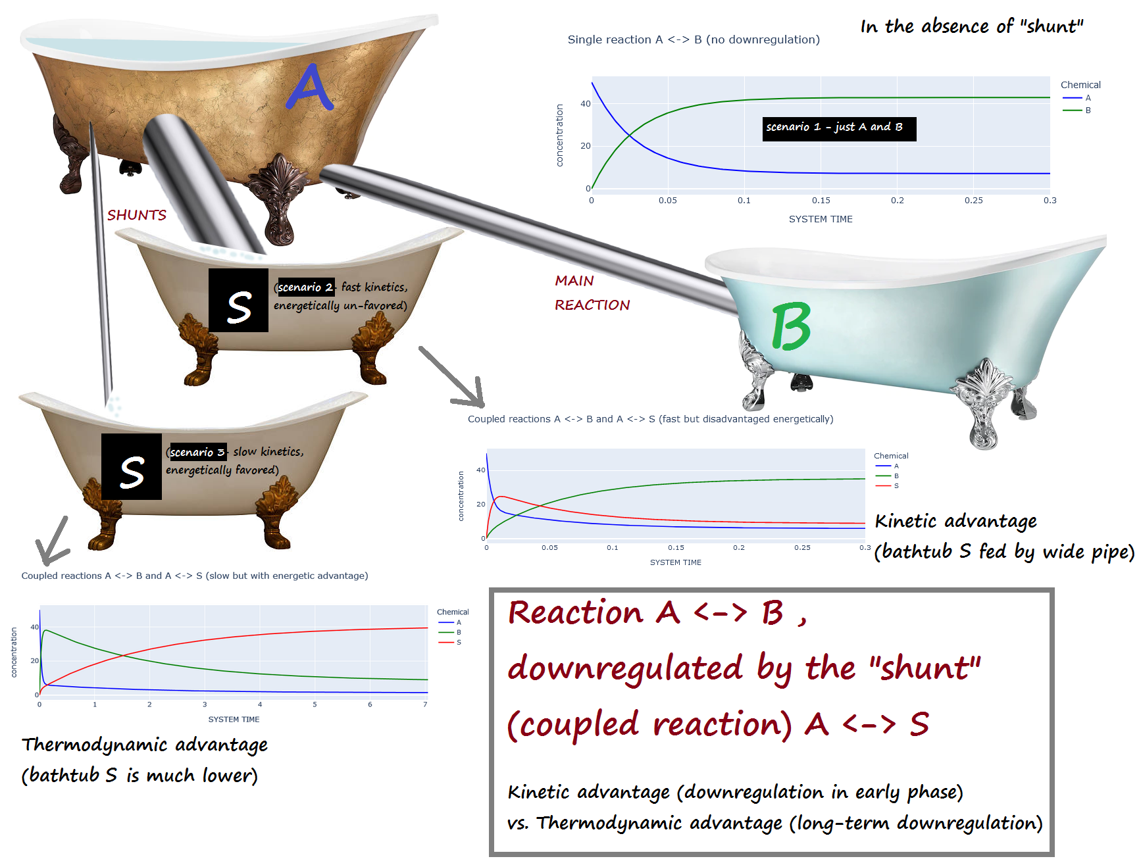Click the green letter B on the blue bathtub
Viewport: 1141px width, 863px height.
click(791, 326)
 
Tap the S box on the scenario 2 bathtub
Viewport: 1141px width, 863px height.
click(238, 301)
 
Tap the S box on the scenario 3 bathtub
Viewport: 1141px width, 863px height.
click(132, 466)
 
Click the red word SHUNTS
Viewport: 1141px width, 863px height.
click(137, 215)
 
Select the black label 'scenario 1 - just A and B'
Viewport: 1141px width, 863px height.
click(839, 128)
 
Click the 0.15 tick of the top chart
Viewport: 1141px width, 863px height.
click(821, 201)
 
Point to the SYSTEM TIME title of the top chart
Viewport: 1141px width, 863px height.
click(821, 219)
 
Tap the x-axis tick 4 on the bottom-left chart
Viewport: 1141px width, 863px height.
click(260, 704)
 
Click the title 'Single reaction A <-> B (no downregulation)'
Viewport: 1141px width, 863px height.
click(694, 39)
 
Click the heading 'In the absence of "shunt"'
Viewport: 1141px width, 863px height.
click(971, 26)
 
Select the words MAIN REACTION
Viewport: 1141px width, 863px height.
click(592, 293)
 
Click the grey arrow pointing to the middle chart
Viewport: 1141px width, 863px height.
click(454, 378)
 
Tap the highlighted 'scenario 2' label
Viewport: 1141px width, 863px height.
click(305, 287)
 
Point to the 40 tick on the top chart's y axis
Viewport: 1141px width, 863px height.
click(585, 104)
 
